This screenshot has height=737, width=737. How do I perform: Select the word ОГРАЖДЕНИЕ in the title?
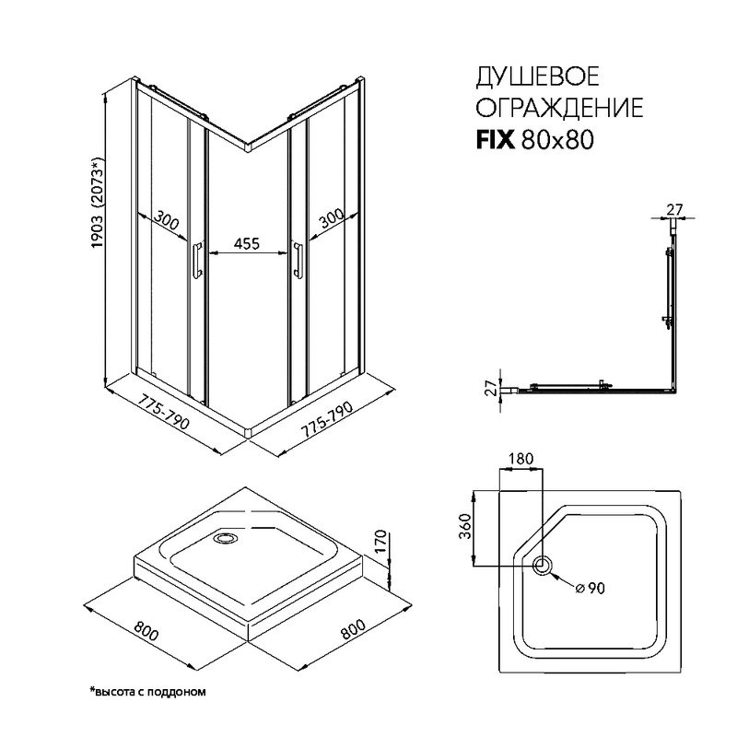558,109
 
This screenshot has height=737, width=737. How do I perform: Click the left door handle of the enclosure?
197,260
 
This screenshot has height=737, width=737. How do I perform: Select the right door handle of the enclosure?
298,260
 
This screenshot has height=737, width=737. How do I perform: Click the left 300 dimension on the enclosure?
166,220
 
